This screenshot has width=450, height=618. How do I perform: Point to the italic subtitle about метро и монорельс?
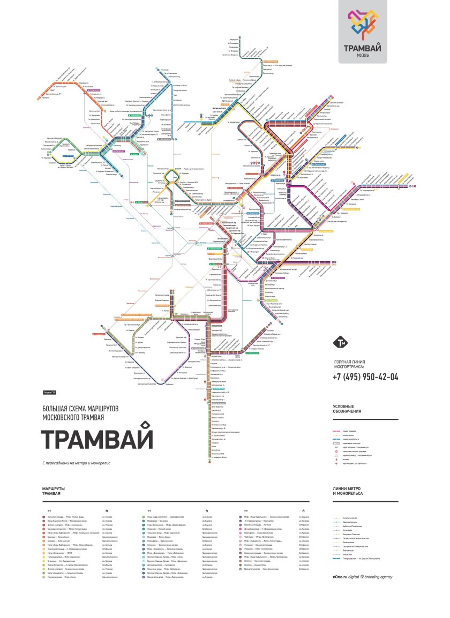pyautogui.click(x=76, y=463)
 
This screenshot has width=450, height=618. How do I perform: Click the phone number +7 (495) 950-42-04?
pyautogui.click(x=365, y=376)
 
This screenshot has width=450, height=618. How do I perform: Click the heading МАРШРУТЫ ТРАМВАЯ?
pyautogui.click(x=54, y=491)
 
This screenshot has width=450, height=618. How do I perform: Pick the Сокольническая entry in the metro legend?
pyautogui.click(x=351, y=518)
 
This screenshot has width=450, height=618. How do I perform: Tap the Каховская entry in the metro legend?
pyautogui.click(x=348, y=554)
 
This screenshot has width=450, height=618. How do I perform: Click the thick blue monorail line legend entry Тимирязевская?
pyautogui.click(x=362, y=559)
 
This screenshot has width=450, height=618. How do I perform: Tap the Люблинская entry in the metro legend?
pyautogui.click(x=348, y=549)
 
